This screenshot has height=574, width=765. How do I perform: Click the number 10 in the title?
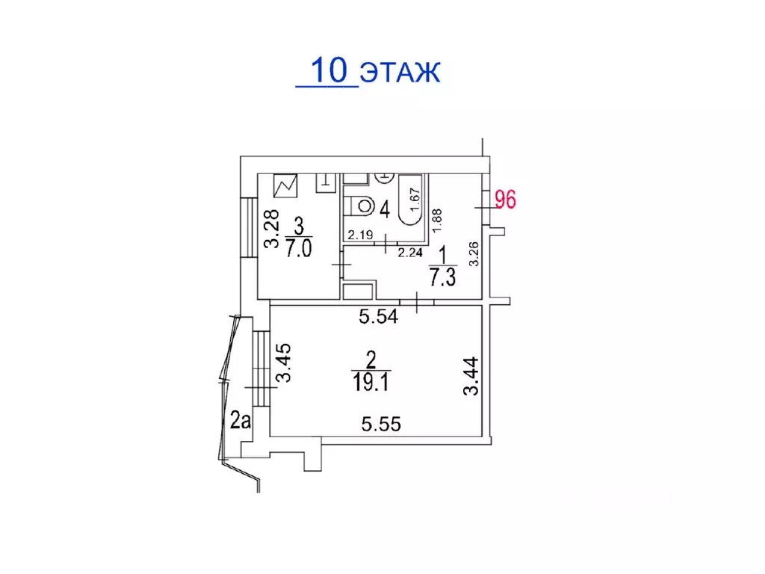pyautogui.click(x=329, y=70)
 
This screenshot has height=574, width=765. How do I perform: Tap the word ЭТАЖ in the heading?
pyautogui.click(x=400, y=72)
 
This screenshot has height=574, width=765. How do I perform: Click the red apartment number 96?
pyautogui.click(x=506, y=200)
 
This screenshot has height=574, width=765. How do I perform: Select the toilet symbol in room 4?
pyautogui.click(x=359, y=206)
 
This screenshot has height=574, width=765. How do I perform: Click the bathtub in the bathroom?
pyautogui.click(x=410, y=200)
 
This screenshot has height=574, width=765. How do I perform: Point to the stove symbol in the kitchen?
pyautogui.click(x=285, y=186)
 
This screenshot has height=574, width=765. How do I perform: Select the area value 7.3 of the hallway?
pyautogui.click(x=442, y=278)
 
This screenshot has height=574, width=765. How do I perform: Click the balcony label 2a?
pyautogui.click(x=240, y=420)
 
